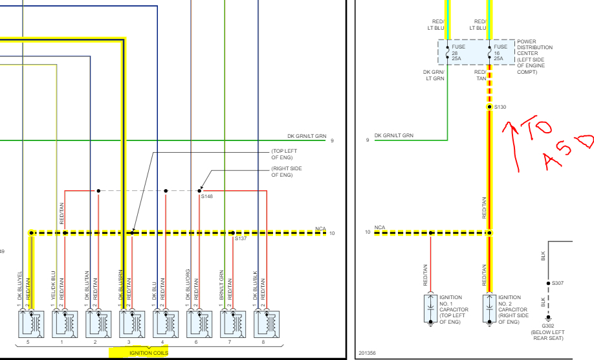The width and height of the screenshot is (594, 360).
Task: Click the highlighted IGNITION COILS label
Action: click(x=149, y=353)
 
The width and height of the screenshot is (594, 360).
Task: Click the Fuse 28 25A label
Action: click(x=457, y=52)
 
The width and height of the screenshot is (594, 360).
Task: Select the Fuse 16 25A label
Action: click(x=500, y=52)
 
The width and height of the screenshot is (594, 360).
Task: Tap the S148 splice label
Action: click(x=207, y=196)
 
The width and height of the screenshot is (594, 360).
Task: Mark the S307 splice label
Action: click(x=558, y=283)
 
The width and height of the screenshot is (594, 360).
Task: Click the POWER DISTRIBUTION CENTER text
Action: click(x=534, y=48)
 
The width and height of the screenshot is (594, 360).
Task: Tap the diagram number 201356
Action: click(x=367, y=354)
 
